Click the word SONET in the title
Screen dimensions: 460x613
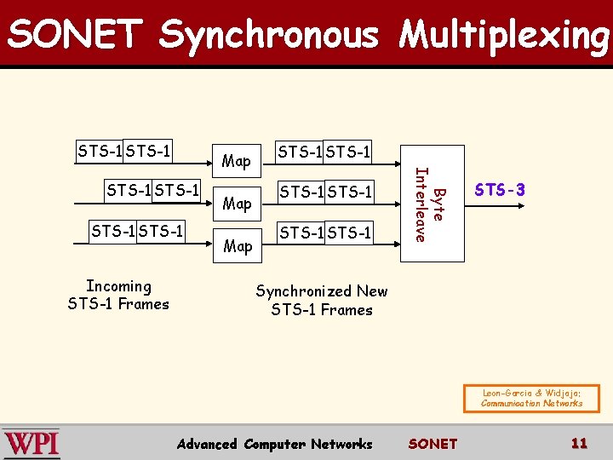pos(75,35)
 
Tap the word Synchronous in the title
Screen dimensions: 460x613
pos(268,35)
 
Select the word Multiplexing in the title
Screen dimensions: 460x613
pos(505,35)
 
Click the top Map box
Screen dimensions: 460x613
pos(237,160)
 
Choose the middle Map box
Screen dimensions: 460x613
pos(237,203)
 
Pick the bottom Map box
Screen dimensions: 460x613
pos(237,246)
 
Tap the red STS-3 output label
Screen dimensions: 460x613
pos(500,190)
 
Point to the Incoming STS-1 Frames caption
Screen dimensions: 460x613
pos(118,296)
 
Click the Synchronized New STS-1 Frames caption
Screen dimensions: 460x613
pos(322,301)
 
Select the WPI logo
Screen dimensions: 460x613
pos(32,443)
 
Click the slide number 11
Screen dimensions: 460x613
pos(579,443)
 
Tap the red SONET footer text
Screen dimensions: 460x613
pos(433,444)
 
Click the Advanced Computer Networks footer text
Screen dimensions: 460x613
pos(274,444)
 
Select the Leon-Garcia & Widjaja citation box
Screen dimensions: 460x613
pos(531,398)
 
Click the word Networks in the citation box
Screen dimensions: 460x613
pos(557,403)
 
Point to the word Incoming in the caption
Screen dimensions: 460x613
pos(118,287)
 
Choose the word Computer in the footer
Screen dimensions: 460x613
pos(273,444)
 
